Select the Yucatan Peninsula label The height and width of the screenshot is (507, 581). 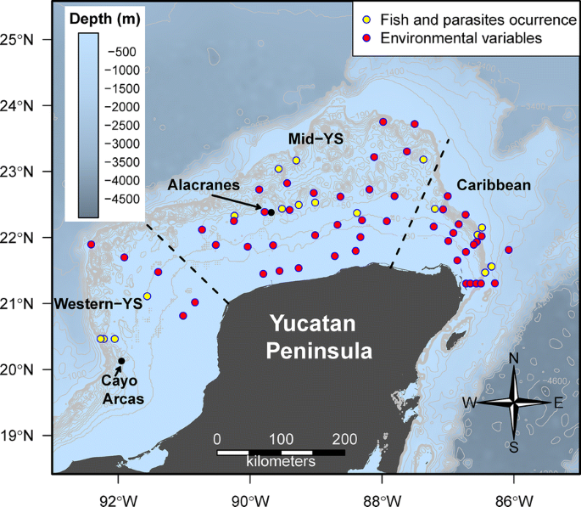click(x=321, y=336)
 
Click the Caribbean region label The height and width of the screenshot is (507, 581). click(x=494, y=184)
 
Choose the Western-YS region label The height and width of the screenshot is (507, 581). click(x=92, y=303)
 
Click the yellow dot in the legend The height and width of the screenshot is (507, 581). click(x=366, y=17)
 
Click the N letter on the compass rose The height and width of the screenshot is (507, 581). click(x=514, y=358)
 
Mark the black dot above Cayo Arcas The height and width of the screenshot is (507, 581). click(x=121, y=361)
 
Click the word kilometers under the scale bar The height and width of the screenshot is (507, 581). click(x=281, y=462)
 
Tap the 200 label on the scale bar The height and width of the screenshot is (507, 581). click(x=344, y=439)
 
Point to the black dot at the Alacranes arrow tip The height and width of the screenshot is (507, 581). click(x=271, y=212)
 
